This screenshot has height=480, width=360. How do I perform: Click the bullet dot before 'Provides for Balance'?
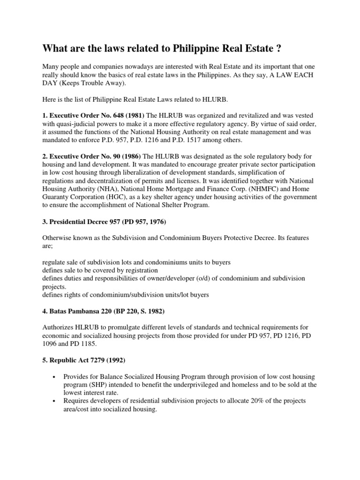[56, 377]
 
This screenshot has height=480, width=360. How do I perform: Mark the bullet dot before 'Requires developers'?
[56, 401]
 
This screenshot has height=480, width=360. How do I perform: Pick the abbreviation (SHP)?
[95, 385]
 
